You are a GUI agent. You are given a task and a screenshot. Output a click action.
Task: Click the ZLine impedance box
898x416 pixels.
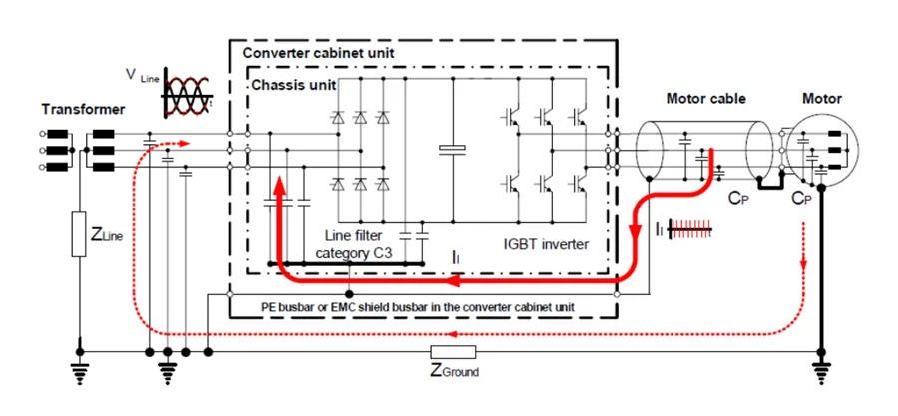click(x=77, y=236)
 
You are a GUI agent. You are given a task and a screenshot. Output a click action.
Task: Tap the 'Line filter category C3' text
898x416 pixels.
click(x=356, y=246)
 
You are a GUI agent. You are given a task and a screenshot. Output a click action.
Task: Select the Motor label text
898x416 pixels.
click(x=822, y=99)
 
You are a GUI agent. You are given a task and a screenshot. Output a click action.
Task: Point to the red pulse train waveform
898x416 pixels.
click(x=688, y=229)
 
